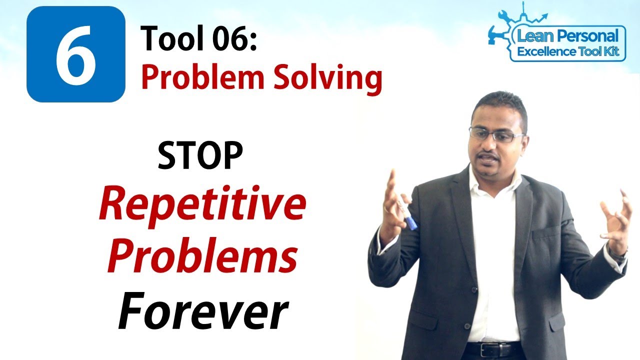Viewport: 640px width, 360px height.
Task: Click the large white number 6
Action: point(75,55)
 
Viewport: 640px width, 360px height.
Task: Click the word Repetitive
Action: point(202,206)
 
